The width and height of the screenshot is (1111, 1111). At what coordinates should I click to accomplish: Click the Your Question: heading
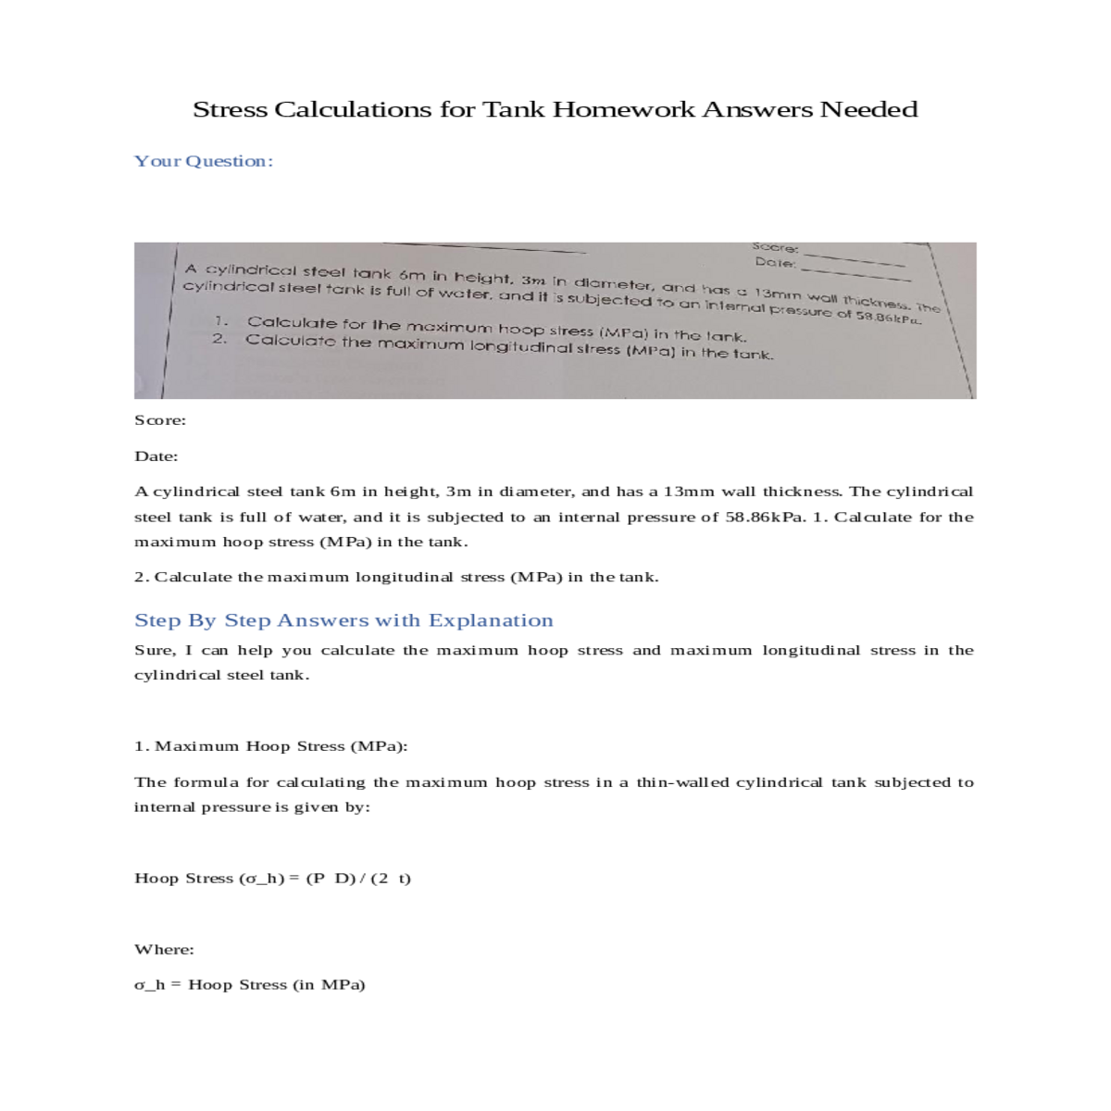click(204, 161)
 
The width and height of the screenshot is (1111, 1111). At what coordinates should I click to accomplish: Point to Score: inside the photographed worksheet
click(775, 247)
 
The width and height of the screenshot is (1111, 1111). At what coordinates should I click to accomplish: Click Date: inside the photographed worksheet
click(775, 262)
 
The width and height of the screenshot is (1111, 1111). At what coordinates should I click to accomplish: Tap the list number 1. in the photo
click(221, 321)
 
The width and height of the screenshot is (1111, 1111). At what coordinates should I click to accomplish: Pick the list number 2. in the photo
click(219, 338)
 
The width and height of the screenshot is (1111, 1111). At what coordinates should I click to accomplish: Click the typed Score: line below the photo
click(160, 420)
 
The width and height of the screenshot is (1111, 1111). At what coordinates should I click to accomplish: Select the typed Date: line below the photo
click(156, 456)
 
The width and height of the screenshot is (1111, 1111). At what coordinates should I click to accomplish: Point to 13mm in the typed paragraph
click(689, 492)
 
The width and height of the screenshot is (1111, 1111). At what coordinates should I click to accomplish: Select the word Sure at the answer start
click(155, 650)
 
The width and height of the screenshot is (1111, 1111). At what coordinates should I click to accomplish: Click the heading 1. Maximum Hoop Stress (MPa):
click(270, 746)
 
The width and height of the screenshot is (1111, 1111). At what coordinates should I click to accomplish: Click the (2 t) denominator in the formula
click(391, 878)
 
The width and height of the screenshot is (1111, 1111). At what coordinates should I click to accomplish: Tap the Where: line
click(164, 949)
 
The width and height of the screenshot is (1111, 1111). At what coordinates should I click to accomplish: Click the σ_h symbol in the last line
click(150, 985)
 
